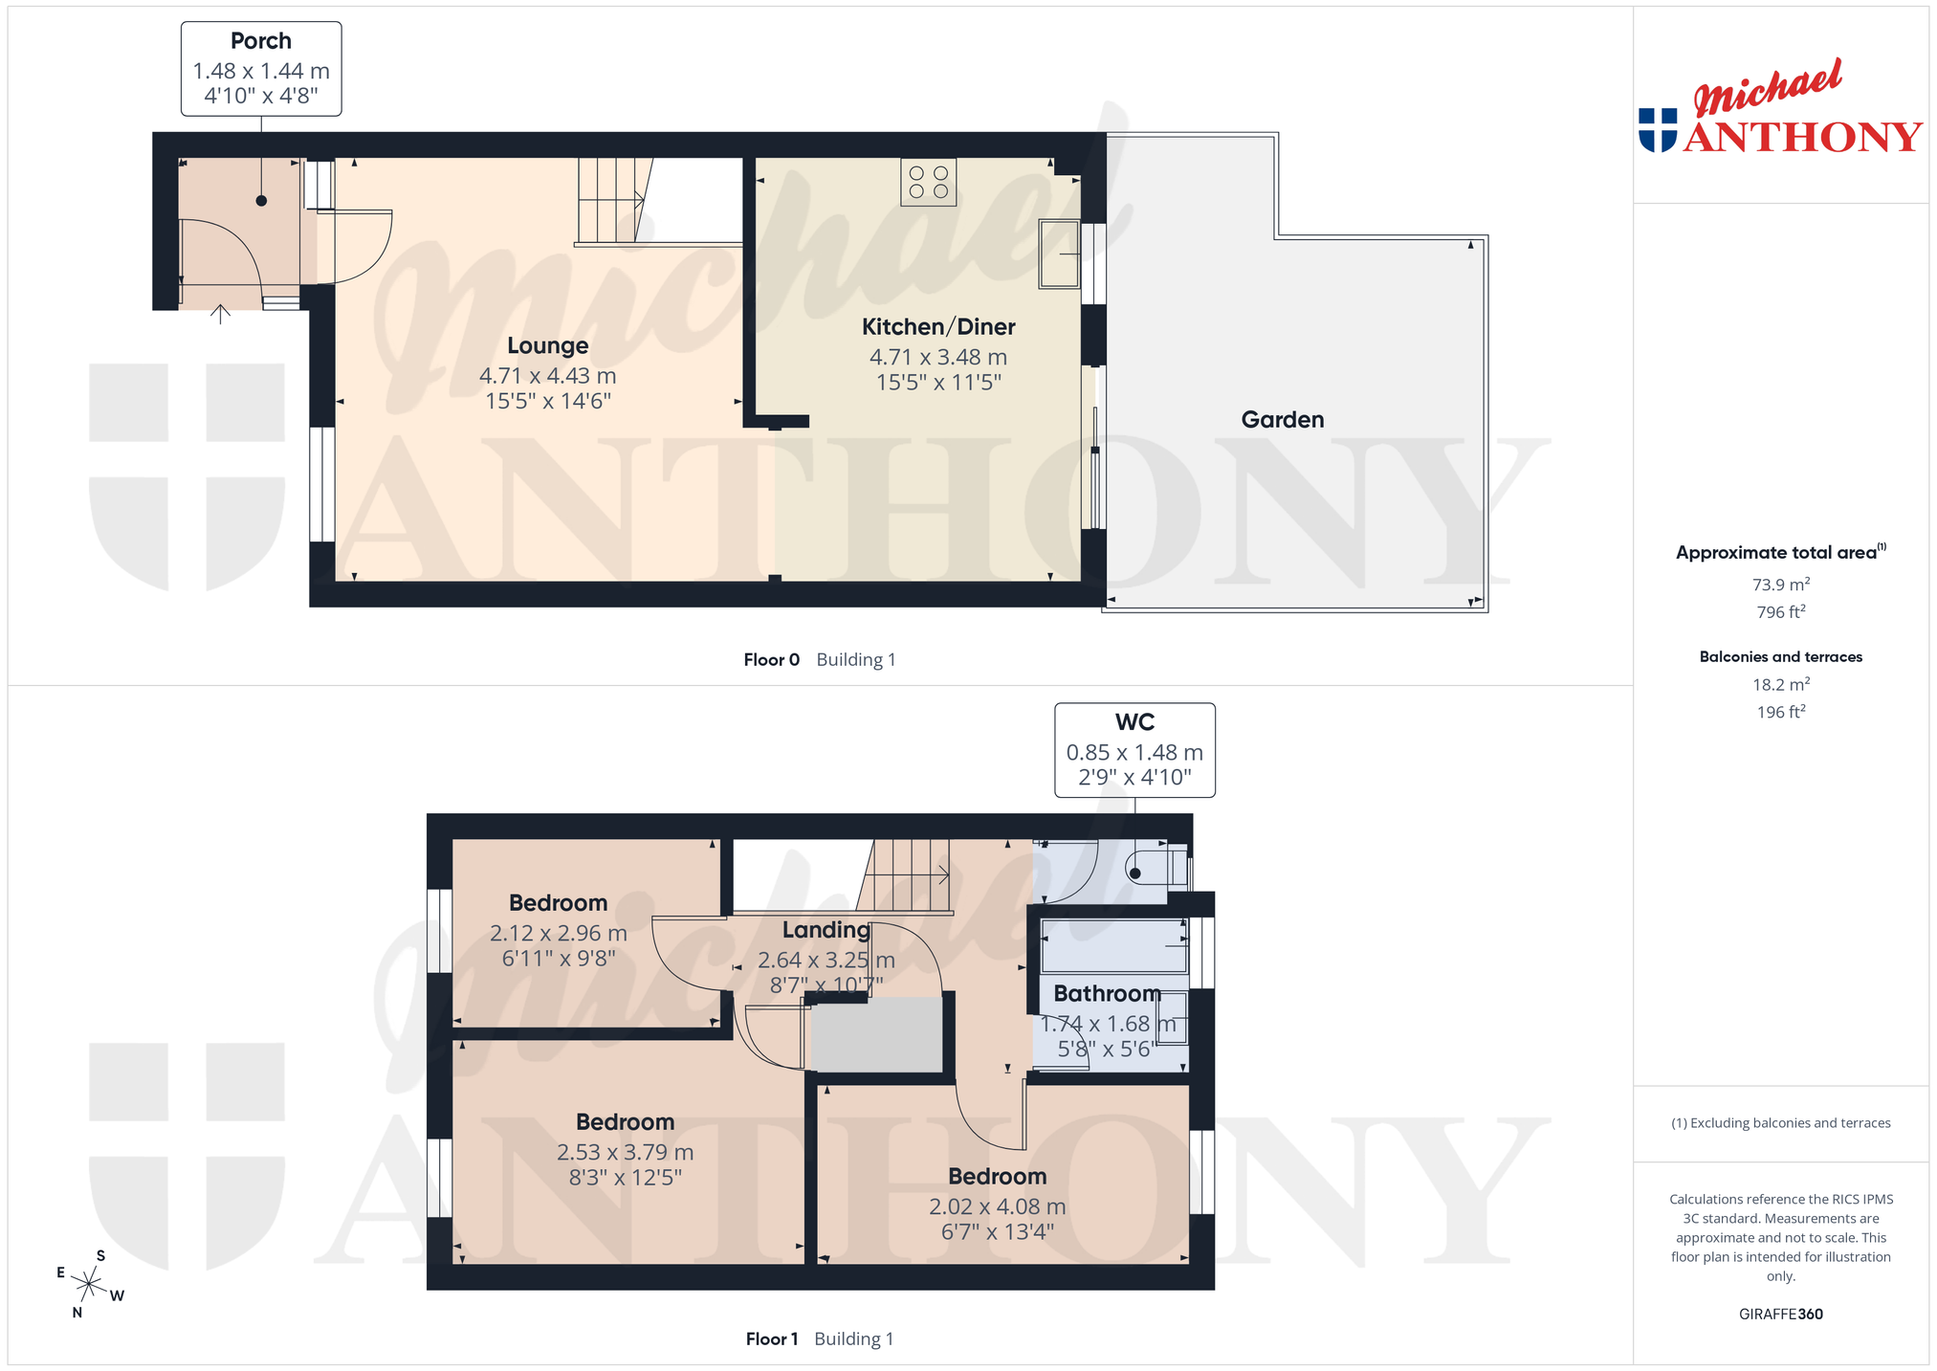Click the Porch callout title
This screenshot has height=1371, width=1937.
pyautogui.click(x=261, y=41)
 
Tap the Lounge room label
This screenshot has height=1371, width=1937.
pyautogui.click(x=548, y=345)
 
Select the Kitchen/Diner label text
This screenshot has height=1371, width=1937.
pyautogui.click(x=938, y=327)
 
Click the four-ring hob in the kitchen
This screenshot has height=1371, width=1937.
pyautogui.click(x=929, y=182)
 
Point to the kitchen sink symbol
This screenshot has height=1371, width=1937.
pyautogui.click(x=1060, y=254)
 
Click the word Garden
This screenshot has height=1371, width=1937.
pyautogui.click(x=1283, y=419)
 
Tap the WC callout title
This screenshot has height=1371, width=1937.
pyautogui.click(x=1135, y=722)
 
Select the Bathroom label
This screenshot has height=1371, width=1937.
pyautogui.click(x=1107, y=993)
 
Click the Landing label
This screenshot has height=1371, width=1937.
pyautogui.click(x=826, y=930)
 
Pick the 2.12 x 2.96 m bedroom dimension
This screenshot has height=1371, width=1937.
pyautogui.click(x=559, y=933)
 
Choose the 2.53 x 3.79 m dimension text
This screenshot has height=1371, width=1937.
pyautogui.click(x=626, y=1152)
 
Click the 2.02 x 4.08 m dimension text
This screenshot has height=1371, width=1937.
pyautogui.click(x=998, y=1206)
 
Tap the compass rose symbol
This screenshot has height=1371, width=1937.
pyautogui.click(x=88, y=1284)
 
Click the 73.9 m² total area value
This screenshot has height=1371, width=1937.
pyautogui.click(x=1781, y=585)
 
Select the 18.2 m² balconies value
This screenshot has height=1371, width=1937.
pyautogui.click(x=1781, y=684)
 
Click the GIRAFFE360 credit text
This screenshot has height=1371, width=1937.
pyautogui.click(x=1781, y=1314)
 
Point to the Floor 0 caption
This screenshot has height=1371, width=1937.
pyautogui.click(x=772, y=659)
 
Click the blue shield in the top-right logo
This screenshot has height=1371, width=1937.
pyautogui.click(x=1658, y=130)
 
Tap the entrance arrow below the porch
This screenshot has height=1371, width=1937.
pyautogui.click(x=221, y=314)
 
